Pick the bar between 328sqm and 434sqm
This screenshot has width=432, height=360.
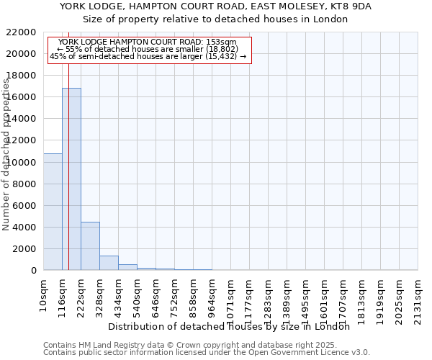(109, 263)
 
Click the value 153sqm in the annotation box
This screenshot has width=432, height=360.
(212, 42)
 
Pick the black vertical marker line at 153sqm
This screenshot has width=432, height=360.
(68, 144)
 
